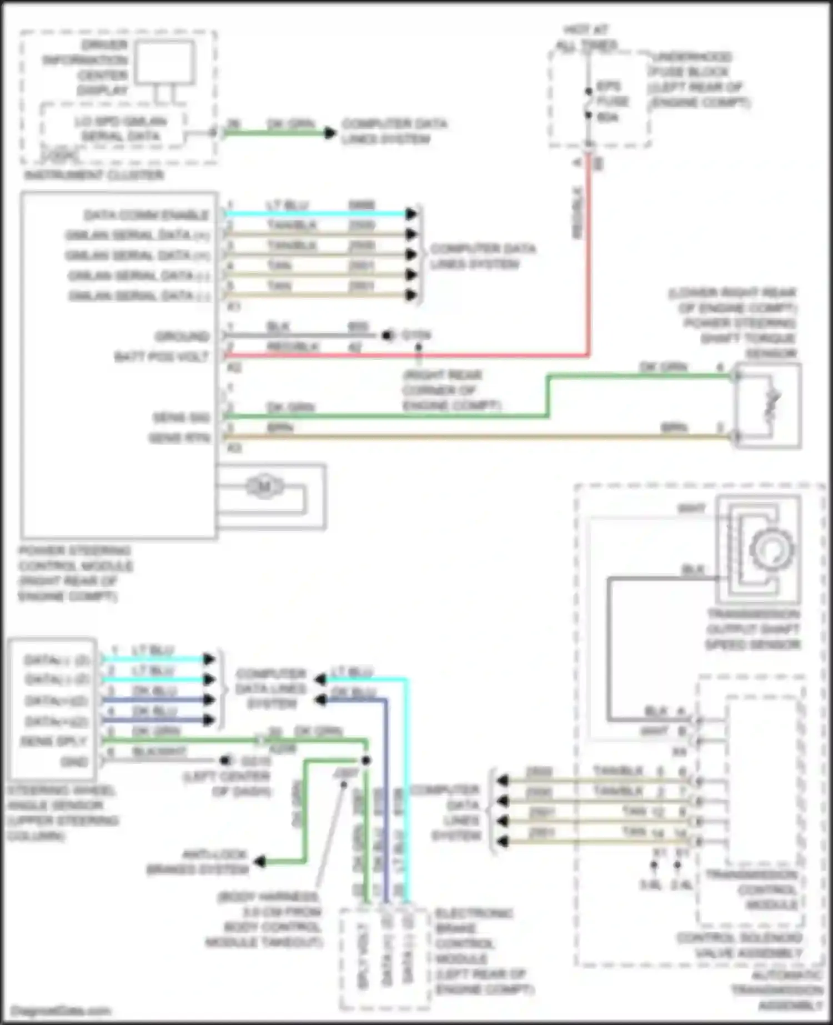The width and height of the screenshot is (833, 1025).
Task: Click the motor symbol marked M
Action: click(x=264, y=487)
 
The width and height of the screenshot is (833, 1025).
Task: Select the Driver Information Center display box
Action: click(x=165, y=62)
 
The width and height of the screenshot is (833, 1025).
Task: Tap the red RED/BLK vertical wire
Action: click(x=589, y=250)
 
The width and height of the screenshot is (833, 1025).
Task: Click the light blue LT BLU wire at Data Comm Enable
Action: click(x=317, y=214)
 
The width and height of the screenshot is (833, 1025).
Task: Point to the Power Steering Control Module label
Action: click(x=75, y=574)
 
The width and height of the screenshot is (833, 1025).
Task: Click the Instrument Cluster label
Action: click(x=94, y=175)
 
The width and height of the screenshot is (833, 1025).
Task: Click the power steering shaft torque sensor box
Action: click(x=767, y=406)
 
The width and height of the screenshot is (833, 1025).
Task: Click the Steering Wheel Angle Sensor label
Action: click(x=62, y=813)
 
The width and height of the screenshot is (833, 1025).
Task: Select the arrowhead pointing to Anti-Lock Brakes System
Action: click(x=259, y=862)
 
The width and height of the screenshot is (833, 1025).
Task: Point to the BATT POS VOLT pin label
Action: click(x=162, y=357)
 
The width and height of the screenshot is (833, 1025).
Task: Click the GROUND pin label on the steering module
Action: click(x=182, y=336)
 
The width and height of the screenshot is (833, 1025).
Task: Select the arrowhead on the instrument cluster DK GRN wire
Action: click(x=330, y=133)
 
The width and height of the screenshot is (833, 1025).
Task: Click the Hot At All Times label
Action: click(x=586, y=38)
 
